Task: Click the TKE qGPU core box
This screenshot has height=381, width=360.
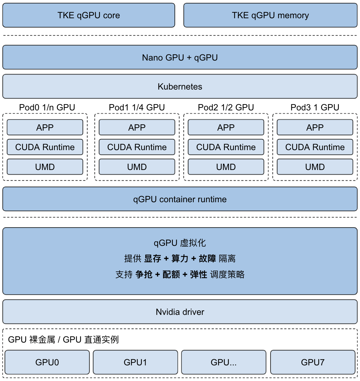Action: pyautogui.click(x=89, y=15)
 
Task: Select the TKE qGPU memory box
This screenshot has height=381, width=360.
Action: pyautogui.click(x=270, y=15)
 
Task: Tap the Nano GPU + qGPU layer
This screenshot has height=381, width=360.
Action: pyautogui.click(x=180, y=57)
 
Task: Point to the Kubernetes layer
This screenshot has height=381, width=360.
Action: pyautogui.click(x=180, y=87)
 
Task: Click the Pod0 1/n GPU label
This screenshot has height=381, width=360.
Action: pyautogui.click(x=47, y=107)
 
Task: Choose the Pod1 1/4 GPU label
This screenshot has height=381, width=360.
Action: pyautogui.click(x=137, y=107)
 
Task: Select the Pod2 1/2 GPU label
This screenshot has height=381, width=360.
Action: pyautogui.click(x=226, y=107)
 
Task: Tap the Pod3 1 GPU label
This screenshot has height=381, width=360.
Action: pyautogui.click(x=315, y=107)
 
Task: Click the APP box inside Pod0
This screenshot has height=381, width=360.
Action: pyautogui.click(x=45, y=127)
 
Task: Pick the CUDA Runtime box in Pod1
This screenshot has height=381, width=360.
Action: pyautogui.click(x=137, y=147)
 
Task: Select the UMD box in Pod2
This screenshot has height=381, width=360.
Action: pyautogui.click(x=226, y=167)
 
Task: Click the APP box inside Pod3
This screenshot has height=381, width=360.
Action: pyautogui.click(x=315, y=127)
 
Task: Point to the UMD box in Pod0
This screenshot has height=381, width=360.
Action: pyautogui.click(x=45, y=167)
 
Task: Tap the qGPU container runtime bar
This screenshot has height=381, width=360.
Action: pyautogui.click(x=180, y=199)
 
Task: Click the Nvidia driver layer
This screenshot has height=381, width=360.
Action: pyautogui.click(x=180, y=312)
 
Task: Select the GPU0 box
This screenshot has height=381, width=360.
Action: pyautogui.click(x=47, y=362)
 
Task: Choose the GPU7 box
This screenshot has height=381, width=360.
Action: pyautogui.click(x=312, y=362)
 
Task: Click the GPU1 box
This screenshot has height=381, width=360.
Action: pyautogui.click(x=135, y=362)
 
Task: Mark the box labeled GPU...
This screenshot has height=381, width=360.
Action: pyautogui.click(x=224, y=362)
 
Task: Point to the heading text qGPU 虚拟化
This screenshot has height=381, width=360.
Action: pyautogui.click(x=180, y=243)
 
